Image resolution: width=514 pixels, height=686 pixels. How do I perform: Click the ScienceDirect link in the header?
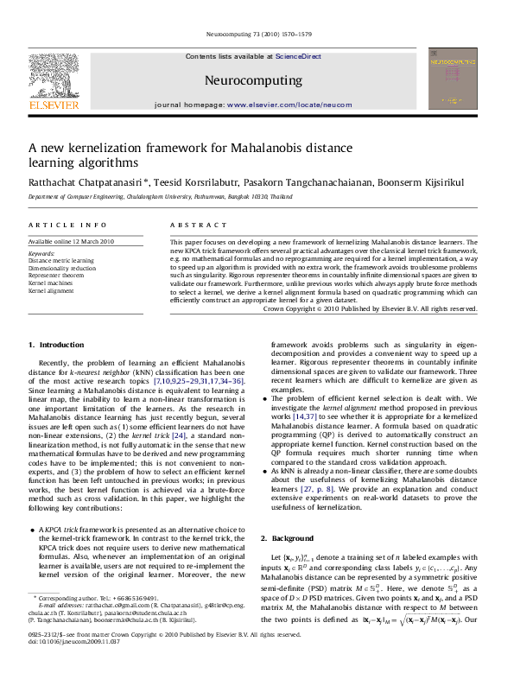tap(298, 55)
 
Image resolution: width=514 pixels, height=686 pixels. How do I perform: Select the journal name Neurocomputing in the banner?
tap(253, 80)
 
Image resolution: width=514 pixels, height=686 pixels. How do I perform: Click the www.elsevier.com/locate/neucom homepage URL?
tap(289, 104)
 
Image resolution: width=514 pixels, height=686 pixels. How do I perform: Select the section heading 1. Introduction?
tap(56, 345)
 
